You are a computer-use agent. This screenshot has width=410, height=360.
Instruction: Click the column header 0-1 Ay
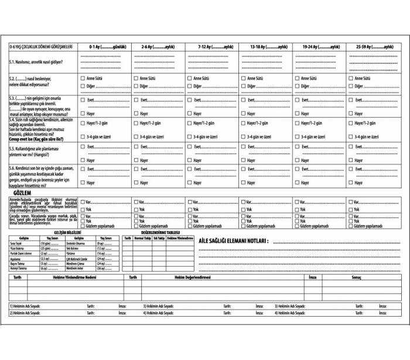[107, 46]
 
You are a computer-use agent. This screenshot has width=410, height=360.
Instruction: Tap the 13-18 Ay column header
[268, 46]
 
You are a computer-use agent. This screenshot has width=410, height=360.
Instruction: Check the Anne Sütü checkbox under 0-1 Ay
[83, 78]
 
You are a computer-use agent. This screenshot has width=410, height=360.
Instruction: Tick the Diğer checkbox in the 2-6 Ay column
[136, 87]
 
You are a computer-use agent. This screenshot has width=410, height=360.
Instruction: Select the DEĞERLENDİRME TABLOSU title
[159, 233]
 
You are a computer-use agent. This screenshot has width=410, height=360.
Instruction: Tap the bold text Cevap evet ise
[29, 140]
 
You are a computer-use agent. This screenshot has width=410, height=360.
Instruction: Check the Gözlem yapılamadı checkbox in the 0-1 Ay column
[83, 226]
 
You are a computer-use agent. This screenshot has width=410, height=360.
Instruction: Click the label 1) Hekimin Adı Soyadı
[26, 306]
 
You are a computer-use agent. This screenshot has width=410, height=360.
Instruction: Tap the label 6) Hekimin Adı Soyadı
[292, 313]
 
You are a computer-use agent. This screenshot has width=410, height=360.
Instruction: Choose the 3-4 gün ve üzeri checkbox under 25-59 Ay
[351, 136]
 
